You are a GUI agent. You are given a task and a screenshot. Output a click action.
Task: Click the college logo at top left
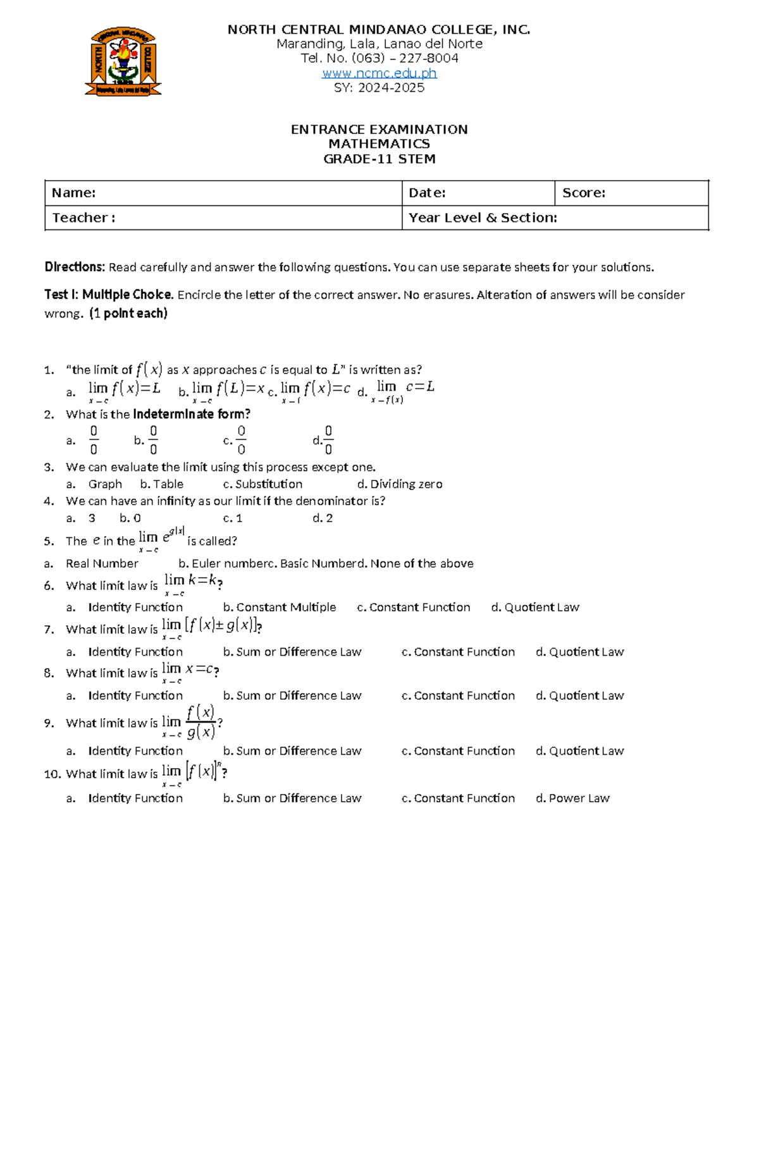[123, 61]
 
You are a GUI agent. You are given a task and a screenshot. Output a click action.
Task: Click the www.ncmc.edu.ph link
[379, 73]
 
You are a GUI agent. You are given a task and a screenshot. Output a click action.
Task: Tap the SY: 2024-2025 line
[379, 88]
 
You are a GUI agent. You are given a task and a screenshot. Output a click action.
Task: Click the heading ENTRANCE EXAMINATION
[379, 130]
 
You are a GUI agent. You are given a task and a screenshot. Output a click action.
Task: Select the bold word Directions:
[74, 267]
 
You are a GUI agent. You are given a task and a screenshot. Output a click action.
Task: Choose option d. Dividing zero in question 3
[400, 484]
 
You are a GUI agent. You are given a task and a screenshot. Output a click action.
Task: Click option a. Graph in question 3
[95, 484]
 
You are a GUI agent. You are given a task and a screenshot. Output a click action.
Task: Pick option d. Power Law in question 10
[572, 798]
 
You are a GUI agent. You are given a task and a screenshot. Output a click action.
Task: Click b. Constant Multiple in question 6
[279, 607]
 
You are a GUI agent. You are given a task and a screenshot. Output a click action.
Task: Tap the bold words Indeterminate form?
[192, 414]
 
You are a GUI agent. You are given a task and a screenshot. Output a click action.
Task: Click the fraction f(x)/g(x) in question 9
[201, 722]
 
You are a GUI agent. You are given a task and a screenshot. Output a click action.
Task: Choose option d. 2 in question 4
[323, 518]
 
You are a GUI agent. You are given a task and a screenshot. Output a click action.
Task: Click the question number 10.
[52, 774]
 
